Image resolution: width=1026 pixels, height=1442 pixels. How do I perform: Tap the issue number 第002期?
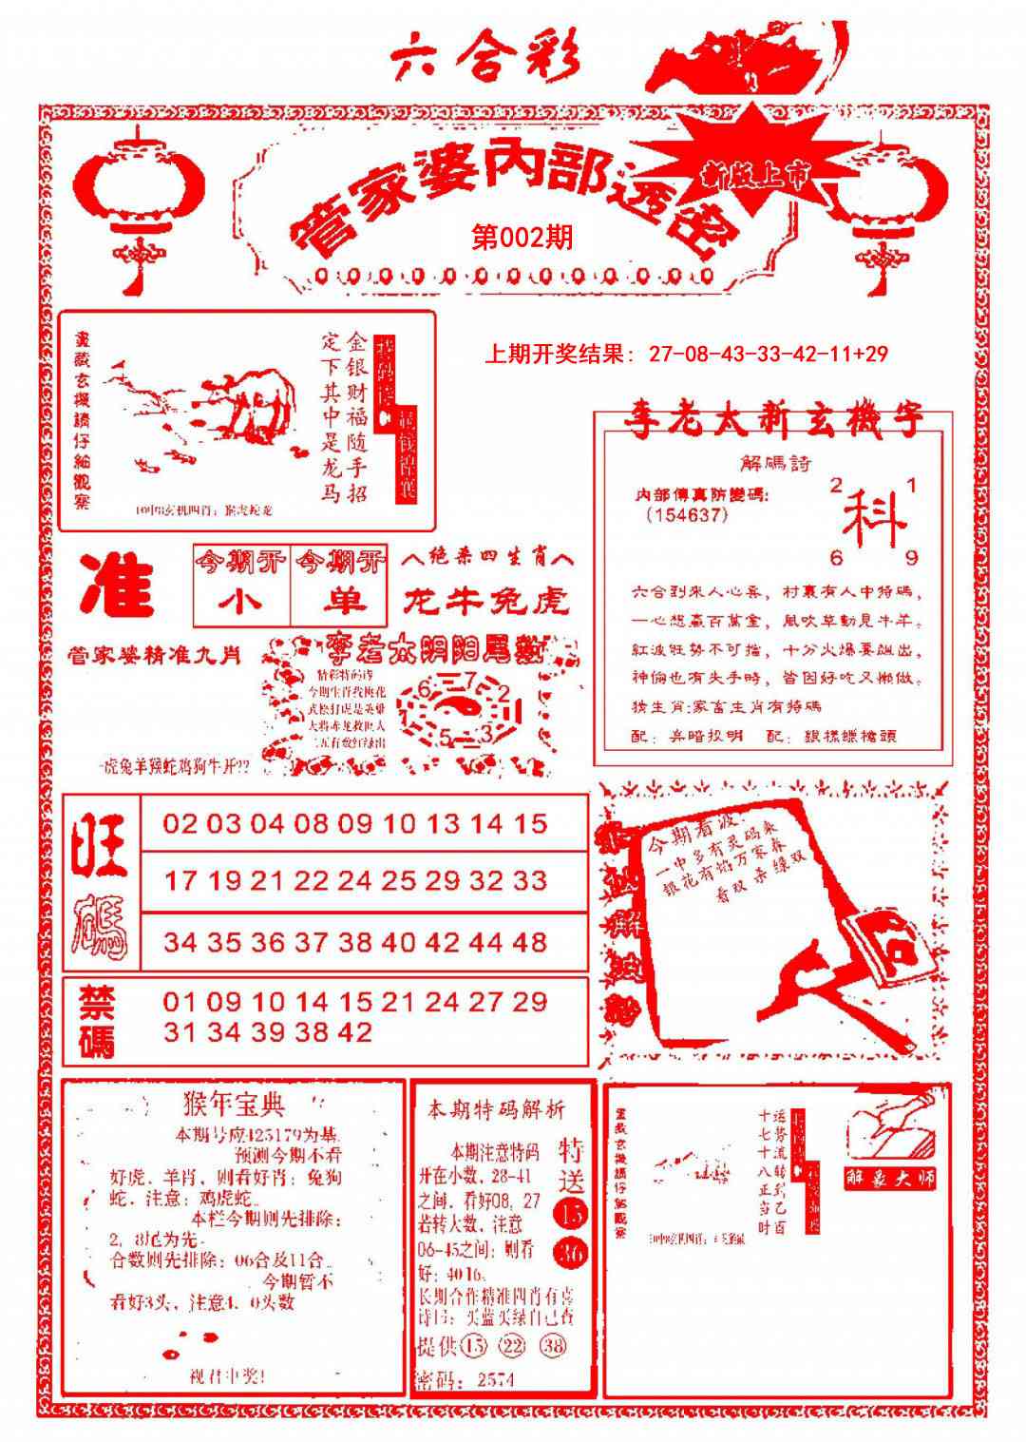(x=522, y=237)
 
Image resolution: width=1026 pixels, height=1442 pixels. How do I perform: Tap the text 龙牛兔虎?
(x=486, y=601)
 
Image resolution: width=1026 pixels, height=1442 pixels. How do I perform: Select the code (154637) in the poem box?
(x=686, y=515)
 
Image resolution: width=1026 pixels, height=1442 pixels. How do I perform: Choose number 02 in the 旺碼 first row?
(x=180, y=823)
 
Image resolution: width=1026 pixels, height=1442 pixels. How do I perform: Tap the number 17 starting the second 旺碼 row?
(x=180, y=881)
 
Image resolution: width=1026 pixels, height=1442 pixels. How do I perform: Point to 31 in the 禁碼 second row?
(x=180, y=1032)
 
